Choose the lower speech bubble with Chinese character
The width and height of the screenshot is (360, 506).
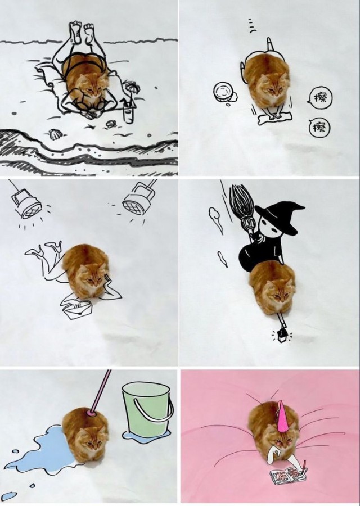[x=319, y=128]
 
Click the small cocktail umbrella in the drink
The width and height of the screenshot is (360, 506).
[x=132, y=87]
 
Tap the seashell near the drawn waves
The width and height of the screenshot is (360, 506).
[x=54, y=134]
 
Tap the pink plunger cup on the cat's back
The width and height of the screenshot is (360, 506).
[x=90, y=413]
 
